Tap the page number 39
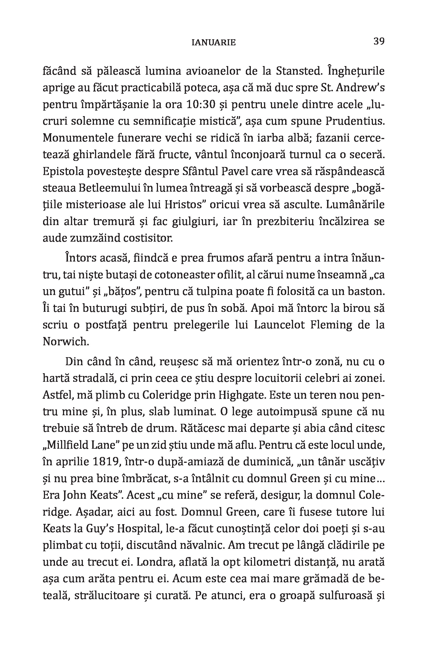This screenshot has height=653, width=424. [x=379, y=41]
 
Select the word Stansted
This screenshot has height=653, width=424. [x=298, y=71]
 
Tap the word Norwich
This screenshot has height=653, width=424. [x=66, y=342]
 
